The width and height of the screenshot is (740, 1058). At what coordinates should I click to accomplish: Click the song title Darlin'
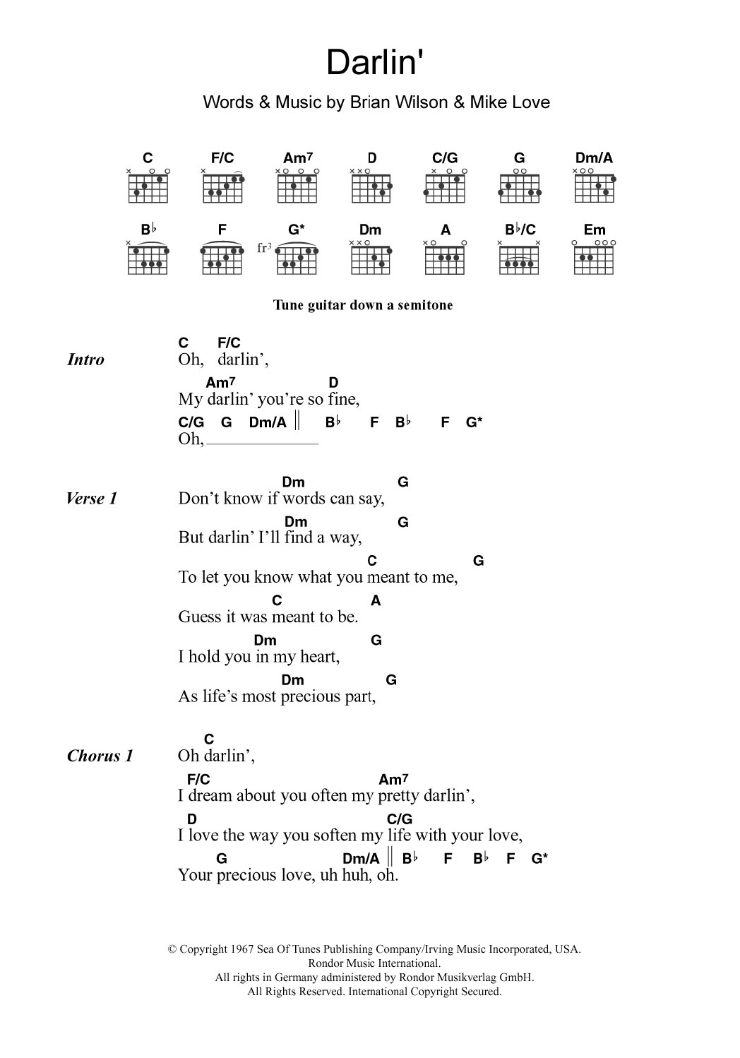[x=375, y=63]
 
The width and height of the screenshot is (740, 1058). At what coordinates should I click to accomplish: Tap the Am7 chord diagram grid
[x=297, y=188]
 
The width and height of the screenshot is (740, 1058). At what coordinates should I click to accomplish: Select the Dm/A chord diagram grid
[x=595, y=188]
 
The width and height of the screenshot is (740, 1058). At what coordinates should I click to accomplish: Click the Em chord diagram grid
[x=595, y=259]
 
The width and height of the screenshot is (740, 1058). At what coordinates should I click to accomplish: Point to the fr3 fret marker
[x=264, y=248]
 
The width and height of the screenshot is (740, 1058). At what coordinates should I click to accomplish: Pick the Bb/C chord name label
[x=520, y=230]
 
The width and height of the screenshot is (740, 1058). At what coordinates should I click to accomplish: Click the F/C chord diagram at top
[x=222, y=188]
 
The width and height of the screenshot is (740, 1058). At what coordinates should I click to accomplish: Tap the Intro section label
[x=85, y=359]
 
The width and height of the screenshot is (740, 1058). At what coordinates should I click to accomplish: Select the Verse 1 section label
[x=91, y=499]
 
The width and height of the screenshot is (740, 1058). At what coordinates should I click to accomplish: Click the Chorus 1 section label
[x=100, y=756]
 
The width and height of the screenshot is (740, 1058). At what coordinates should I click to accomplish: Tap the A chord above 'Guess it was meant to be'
[x=376, y=600]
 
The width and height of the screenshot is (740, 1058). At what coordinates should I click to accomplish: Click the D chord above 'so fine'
[x=333, y=383]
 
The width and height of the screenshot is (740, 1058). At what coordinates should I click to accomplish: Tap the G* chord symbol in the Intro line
[x=475, y=422]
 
